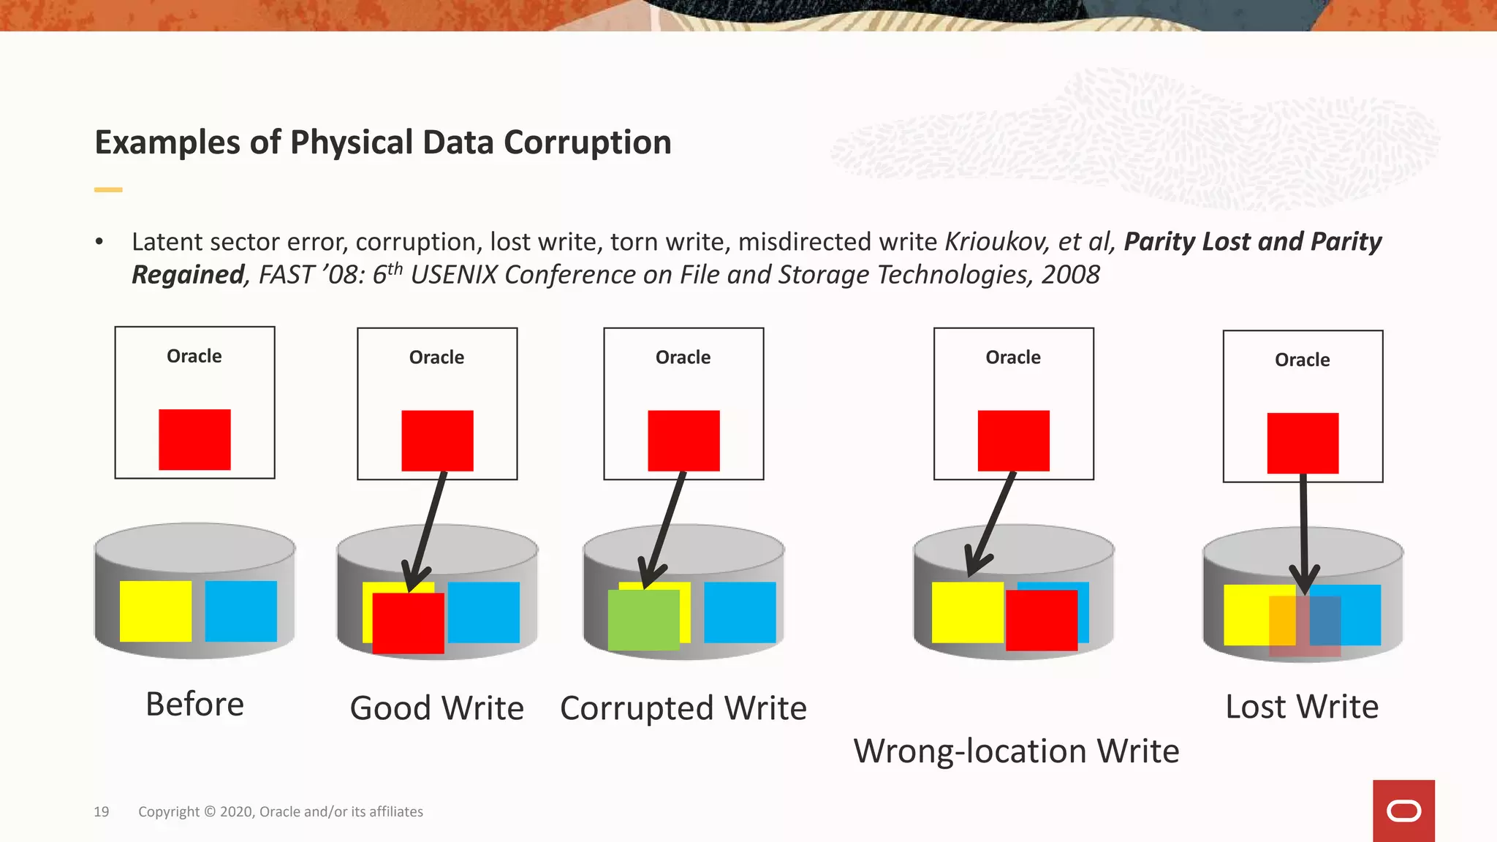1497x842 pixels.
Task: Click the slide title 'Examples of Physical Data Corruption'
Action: tap(383, 143)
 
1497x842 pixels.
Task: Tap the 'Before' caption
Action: tap(194, 705)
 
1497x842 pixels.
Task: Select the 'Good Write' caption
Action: tap(436, 708)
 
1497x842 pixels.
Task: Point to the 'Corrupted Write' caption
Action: tap(683, 708)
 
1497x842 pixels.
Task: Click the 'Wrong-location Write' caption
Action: tap(1016, 751)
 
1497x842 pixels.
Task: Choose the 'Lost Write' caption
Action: tap(1302, 707)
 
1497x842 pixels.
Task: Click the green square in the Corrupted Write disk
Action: tap(643, 620)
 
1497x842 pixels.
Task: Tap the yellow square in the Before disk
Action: tap(156, 611)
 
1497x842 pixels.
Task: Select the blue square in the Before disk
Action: tap(241, 611)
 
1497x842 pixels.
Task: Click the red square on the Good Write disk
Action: tap(408, 623)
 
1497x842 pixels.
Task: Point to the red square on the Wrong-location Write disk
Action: tap(1042, 620)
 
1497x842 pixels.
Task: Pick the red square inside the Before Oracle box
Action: tap(194, 439)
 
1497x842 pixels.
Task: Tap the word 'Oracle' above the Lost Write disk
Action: tap(1302, 360)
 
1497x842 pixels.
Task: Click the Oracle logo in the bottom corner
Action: tap(1403, 811)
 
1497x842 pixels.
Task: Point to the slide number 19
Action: tap(102, 811)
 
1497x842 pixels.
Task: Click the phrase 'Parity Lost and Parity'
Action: tap(1252, 242)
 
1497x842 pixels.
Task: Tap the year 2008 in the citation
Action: tap(1070, 275)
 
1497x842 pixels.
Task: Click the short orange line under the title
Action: tap(108, 190)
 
